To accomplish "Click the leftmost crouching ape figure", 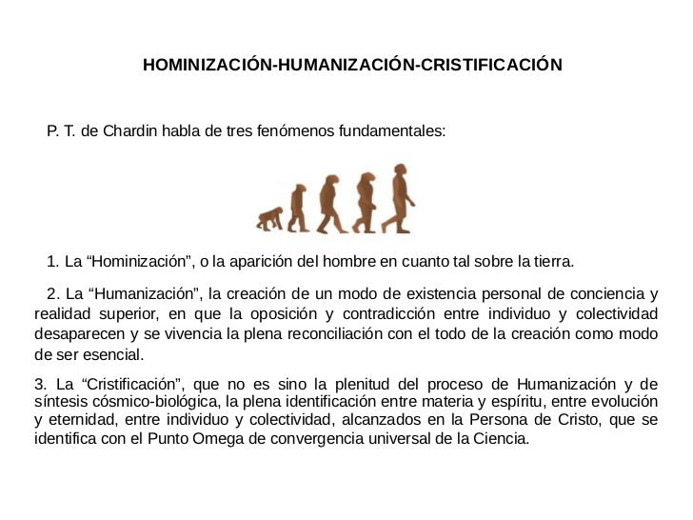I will (x=269, y=220).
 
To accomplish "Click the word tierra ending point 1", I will (x=552, y=262).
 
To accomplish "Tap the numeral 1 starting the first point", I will (x=50, y=262).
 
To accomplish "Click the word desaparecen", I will (x=76, y=334).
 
